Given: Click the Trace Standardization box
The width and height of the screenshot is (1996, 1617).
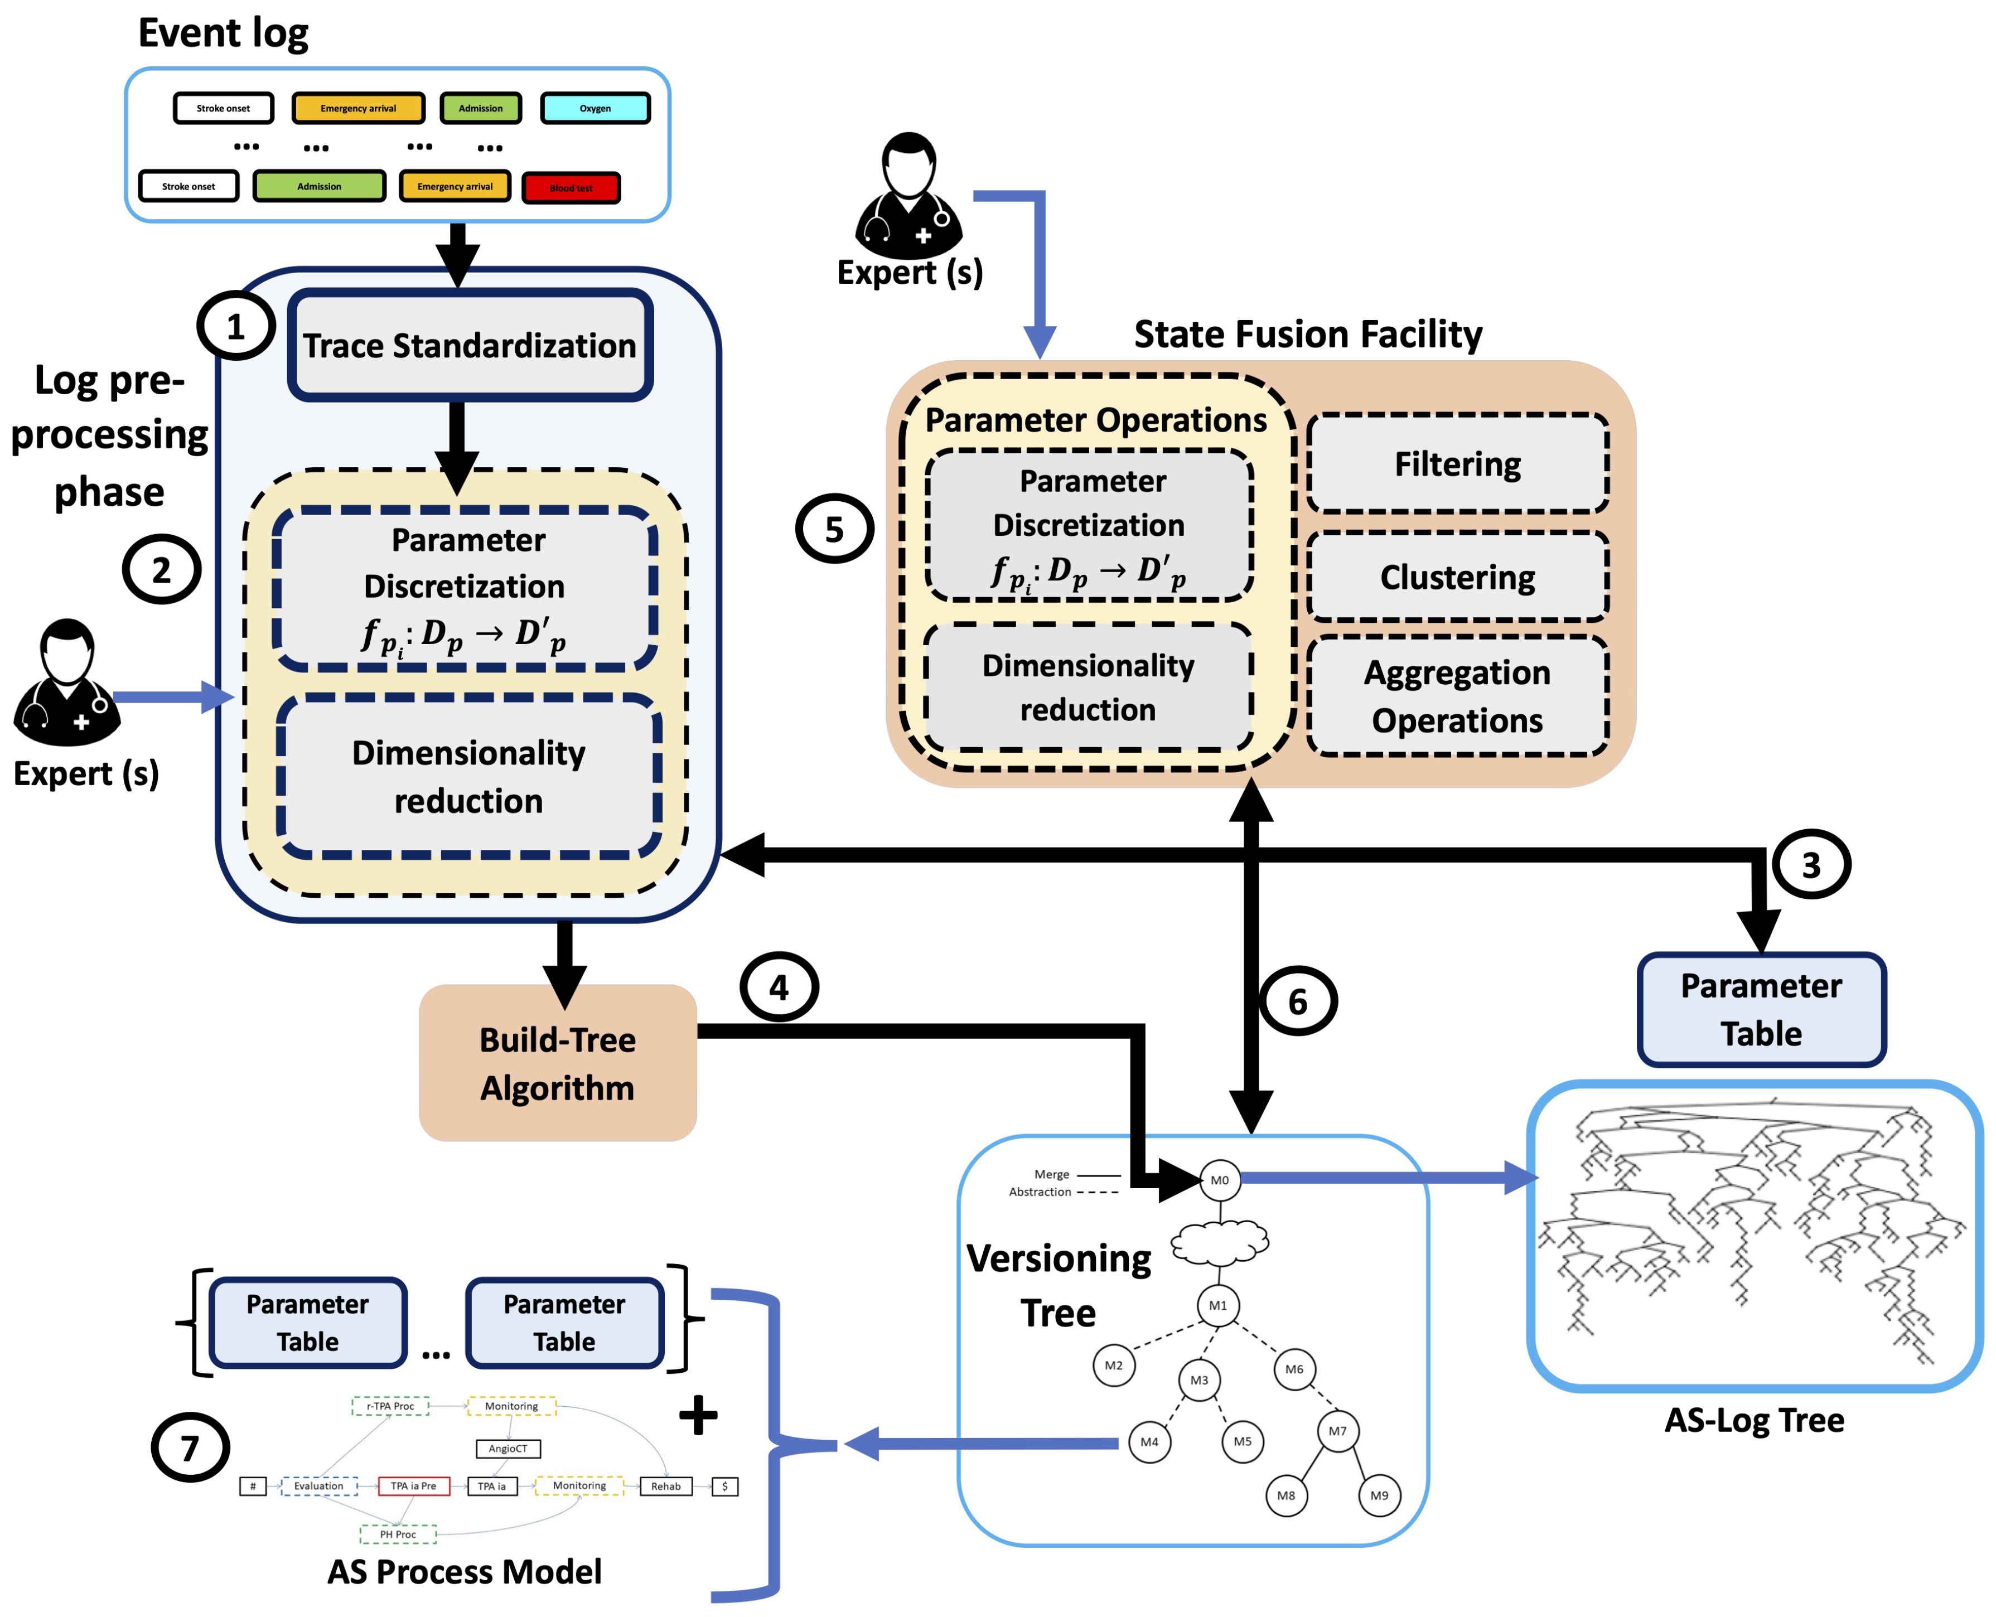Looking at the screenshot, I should click(x=470, y=346).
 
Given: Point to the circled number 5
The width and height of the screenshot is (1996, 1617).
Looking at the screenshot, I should click(x=834, y=529).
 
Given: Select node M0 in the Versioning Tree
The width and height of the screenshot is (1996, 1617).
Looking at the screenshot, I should click(x=1219, y=1180).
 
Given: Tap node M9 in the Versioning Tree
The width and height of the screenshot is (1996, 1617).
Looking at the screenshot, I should click(x=1379, y=1495).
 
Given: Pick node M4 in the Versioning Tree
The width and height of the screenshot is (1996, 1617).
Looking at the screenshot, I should click(x=1149, y=1442).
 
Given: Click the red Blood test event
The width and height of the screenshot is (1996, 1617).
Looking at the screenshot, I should click(x=571, y=188).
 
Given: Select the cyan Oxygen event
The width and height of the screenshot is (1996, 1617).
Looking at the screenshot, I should click(x=595, y=108).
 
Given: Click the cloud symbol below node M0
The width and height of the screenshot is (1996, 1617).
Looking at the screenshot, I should click(x=1219, y=1242).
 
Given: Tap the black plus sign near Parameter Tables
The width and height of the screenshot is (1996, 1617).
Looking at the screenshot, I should click(x=698, y=1416).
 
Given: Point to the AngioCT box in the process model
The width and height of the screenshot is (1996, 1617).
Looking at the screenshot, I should click(x=508, y=1449).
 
